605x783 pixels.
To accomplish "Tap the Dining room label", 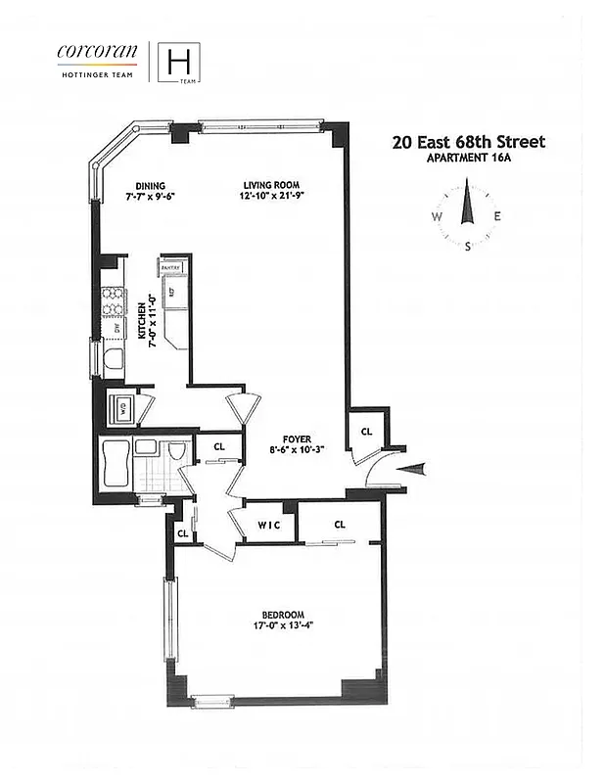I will pyautogui.click(x=150, y=185).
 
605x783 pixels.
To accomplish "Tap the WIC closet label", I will pyautogui.click(x=269, y=524).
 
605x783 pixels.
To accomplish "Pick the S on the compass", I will pyautogui.click(x=468, y=247).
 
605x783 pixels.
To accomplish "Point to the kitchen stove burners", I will pyautogui.click(x=113, y=300).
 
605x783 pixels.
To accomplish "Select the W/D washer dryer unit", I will pyautogui.click(x=123, y=408).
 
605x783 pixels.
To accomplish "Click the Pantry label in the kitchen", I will pyautogui.click(x=173, y=266).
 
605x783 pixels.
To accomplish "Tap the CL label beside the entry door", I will pyautogui.click(x=366, y=431).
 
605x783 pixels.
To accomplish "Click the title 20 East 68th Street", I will pyautogui.click(x=468, y=142).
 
